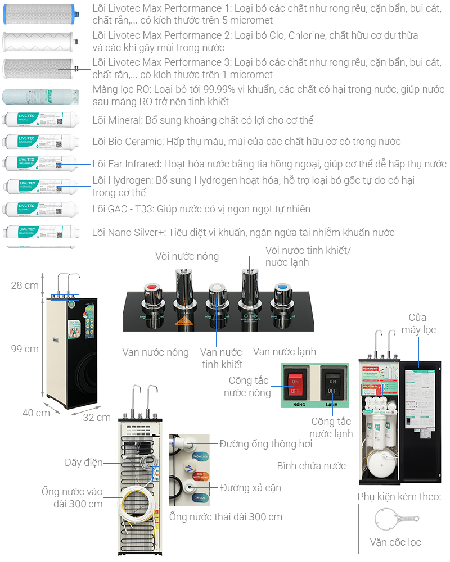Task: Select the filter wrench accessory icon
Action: pyautogui.click(x=394, y=520)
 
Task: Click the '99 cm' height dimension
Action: pyautogui.click(x=25, y=348)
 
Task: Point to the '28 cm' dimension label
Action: pyautogui.click(x=25, y=285)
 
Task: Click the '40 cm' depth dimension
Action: pyautogui.click(x=36, y=413)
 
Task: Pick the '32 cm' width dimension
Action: pyautogui.click(x=97, y=418)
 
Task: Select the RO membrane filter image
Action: pyautogui.click(x=38, y=96)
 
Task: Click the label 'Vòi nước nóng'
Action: pyautogui.click(x=187, y=257)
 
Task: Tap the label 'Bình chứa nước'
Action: pyautogui.click(x=311, y=466)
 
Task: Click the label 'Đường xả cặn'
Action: pyautogui.click(x=250, y=487)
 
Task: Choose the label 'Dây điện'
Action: pyautogui.click(x=83, y=462)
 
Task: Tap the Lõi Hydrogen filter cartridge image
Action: pyautogui.click(x=38, y=186)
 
